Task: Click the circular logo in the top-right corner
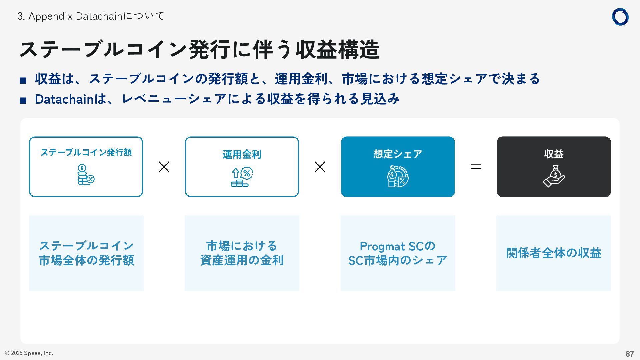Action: (620, 17)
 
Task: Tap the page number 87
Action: (629, 354)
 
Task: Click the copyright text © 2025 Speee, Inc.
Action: (29, 353)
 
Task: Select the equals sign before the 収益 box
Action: (476, 167)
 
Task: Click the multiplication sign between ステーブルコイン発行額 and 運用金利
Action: (164, 167)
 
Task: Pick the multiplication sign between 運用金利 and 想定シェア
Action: (320, 167)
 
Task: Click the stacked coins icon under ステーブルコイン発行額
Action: (86, 175)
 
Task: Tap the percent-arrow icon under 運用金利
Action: (242, 177)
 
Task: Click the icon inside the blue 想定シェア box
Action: (398, 176)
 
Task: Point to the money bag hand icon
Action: (554, 176)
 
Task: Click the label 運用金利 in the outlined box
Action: (242, 155)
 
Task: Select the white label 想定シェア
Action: (398, 154)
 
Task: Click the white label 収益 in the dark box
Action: (554, 154)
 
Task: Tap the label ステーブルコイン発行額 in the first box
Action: (86, 153)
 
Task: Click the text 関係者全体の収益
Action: (553, 253)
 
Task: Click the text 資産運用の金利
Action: (242, 260)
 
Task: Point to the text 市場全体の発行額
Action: (86, 260)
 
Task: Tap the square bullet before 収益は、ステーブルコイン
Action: (23, 80)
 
